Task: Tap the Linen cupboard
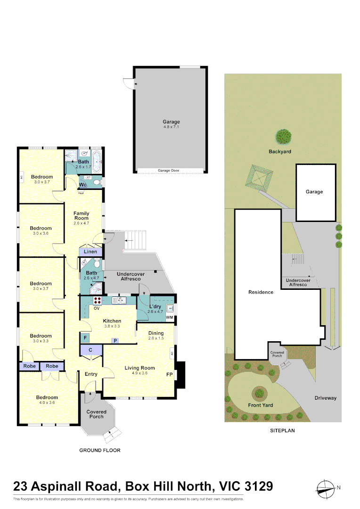90,252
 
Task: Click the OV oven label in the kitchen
97,308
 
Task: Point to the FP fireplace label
169,375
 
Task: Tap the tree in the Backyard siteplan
283,137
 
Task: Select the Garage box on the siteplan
315,192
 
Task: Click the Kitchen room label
112,321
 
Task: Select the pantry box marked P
114,340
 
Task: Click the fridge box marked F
85,337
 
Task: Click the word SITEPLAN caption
282,430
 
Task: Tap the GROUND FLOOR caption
99,450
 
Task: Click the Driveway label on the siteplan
326,398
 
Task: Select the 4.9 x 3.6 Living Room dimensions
139,374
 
